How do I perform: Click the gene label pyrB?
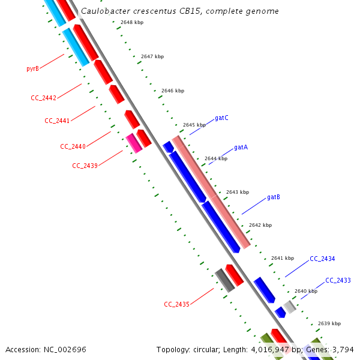32,68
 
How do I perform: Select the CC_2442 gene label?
43,98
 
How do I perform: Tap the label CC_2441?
57,121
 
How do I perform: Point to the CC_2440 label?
73,146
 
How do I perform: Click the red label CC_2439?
85,166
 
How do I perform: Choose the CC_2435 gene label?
176,304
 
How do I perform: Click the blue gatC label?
221,118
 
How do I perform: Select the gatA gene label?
241,147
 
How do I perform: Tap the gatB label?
274,197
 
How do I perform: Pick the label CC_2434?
322,259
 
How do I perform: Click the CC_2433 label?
338,280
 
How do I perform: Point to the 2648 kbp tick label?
131,22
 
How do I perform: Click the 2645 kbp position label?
194,125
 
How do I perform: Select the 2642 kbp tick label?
260,225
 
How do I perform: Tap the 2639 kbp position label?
329,323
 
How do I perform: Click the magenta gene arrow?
134,143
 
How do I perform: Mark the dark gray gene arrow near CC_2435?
224,280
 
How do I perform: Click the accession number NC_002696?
64,349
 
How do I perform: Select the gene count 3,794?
343,349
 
